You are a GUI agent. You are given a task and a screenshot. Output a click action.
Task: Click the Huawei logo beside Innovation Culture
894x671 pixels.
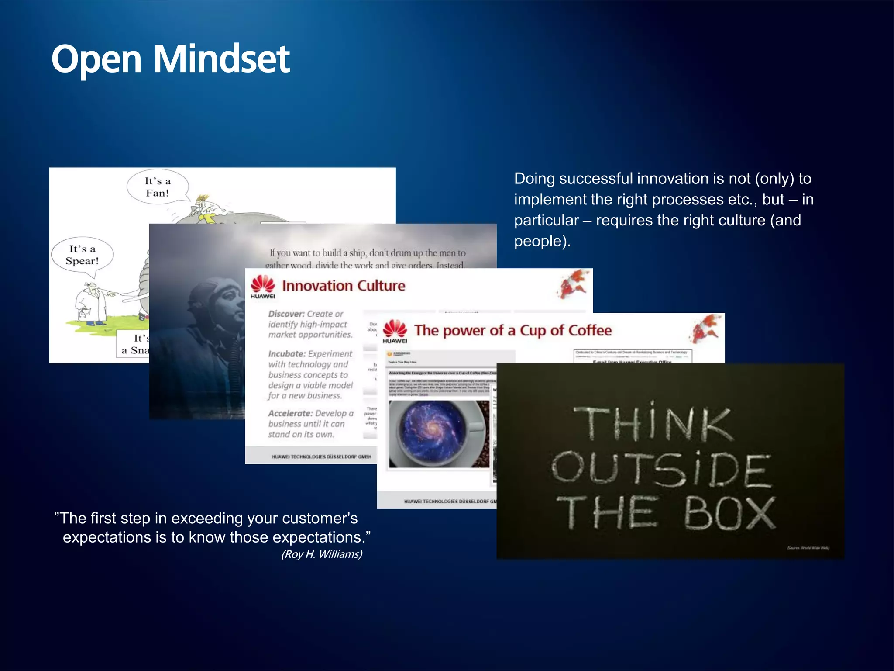(263, 286)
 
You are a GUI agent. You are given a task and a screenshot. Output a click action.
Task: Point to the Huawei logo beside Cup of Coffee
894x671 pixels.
(395, 331)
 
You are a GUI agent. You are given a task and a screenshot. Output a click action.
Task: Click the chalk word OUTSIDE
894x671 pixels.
(660, 470)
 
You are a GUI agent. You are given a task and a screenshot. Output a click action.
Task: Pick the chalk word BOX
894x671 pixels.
(729, 513)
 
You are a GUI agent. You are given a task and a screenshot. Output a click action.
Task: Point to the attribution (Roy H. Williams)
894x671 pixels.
(322, 554)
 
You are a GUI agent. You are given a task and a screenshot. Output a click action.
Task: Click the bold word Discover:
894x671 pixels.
(286, 314)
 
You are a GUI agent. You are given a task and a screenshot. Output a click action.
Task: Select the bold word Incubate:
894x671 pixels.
(286, 354)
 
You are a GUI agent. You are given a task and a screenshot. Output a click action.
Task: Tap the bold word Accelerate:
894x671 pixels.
(290, 413)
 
